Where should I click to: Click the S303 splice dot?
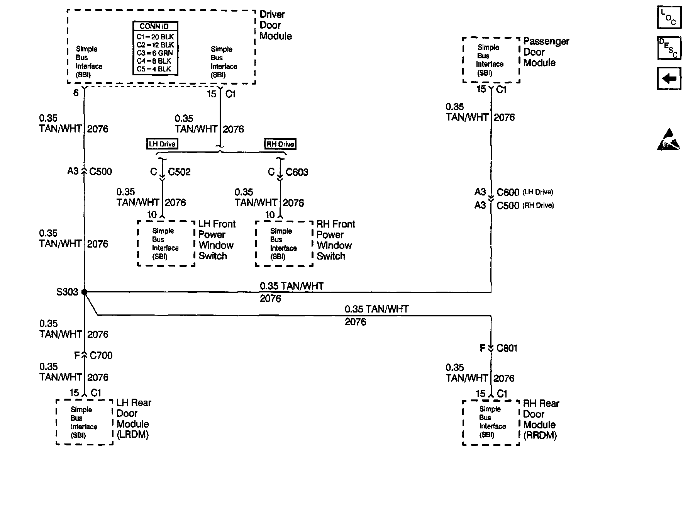tap(85, 292)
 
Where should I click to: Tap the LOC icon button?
tap(669, 17)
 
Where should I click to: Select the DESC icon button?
tap(669, 48)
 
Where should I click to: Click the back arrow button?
tap(669, 79)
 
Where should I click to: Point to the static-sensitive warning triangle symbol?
tap(668, 139)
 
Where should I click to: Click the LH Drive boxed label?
tap(162, 144)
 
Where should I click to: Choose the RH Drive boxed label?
tap(280, 144)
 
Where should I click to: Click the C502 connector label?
tap(179, 172)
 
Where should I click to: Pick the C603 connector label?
tap(297, 172)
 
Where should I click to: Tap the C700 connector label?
tap(101, 355)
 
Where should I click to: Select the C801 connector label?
tap(507, 348)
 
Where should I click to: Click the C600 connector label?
tap(508, 192)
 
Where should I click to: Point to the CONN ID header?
tap(154, 26)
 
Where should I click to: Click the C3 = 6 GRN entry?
tap(155, 53)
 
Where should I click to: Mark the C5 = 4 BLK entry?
tap(154, 69)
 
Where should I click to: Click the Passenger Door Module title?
tap(546, 52)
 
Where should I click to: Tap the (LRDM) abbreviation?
tap(133, 435)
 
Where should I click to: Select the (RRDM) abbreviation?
tap(540, 435)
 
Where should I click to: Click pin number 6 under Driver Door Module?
tap(76, 93)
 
